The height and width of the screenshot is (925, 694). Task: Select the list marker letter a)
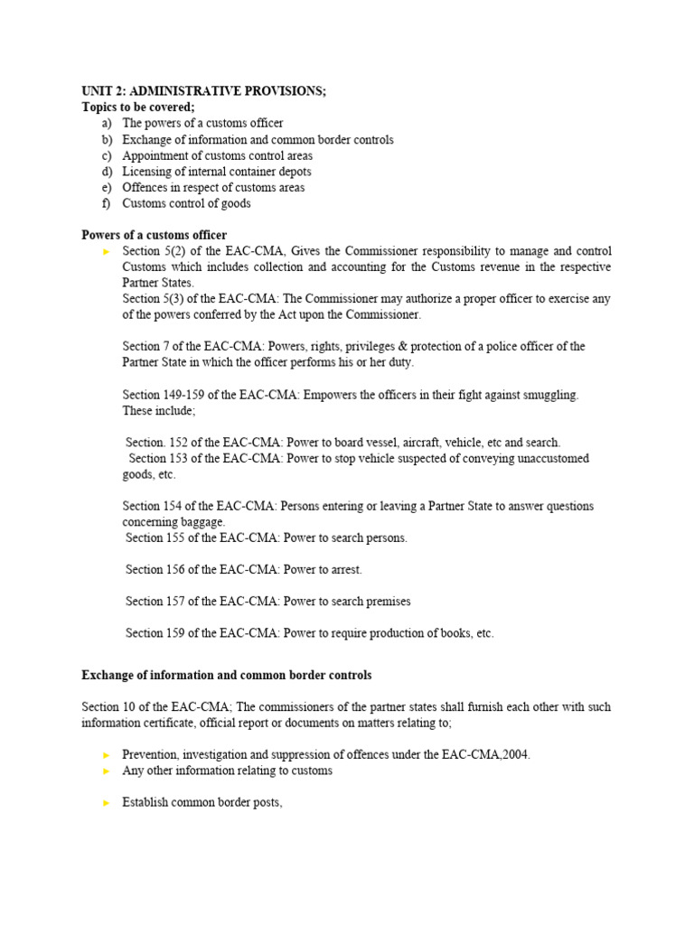coord(108,123)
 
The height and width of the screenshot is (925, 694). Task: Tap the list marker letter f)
coord(108,203)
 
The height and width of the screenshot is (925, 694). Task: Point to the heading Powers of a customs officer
coord(154,235)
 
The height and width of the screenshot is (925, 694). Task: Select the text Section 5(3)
coord(153,299)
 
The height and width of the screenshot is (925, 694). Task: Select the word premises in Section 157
coord(388,602)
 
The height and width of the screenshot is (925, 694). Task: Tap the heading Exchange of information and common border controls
coord(226,675)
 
